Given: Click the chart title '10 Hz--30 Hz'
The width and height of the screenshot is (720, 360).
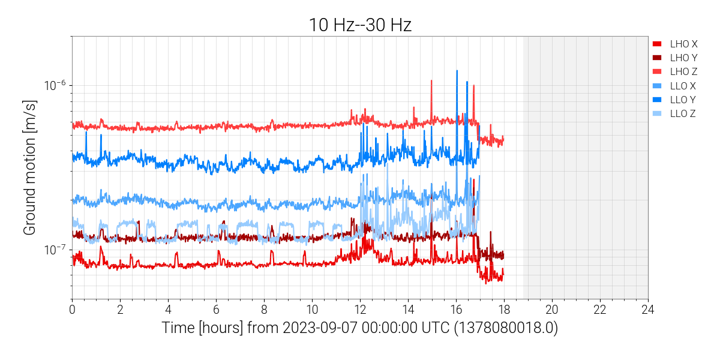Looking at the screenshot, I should tap(360, 25).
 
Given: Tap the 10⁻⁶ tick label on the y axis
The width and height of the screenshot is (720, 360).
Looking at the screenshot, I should tap(55, 85).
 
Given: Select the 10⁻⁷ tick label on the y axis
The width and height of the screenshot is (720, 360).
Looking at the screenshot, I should tap(55, 250).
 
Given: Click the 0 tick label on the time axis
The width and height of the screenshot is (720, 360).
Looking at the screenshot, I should tap(72, 310).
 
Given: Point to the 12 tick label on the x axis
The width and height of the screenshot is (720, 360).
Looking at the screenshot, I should tap(360, 310).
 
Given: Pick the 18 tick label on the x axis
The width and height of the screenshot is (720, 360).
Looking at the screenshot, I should tap(504, 310).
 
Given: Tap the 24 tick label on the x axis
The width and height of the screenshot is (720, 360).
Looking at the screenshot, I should tap(648, 310).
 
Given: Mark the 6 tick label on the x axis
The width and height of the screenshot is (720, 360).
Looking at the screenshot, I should tap(216, 310).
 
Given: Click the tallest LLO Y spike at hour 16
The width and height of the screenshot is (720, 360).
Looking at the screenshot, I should tap(457, 71).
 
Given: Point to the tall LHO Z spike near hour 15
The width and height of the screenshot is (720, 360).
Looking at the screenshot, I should tap(431, 80).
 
